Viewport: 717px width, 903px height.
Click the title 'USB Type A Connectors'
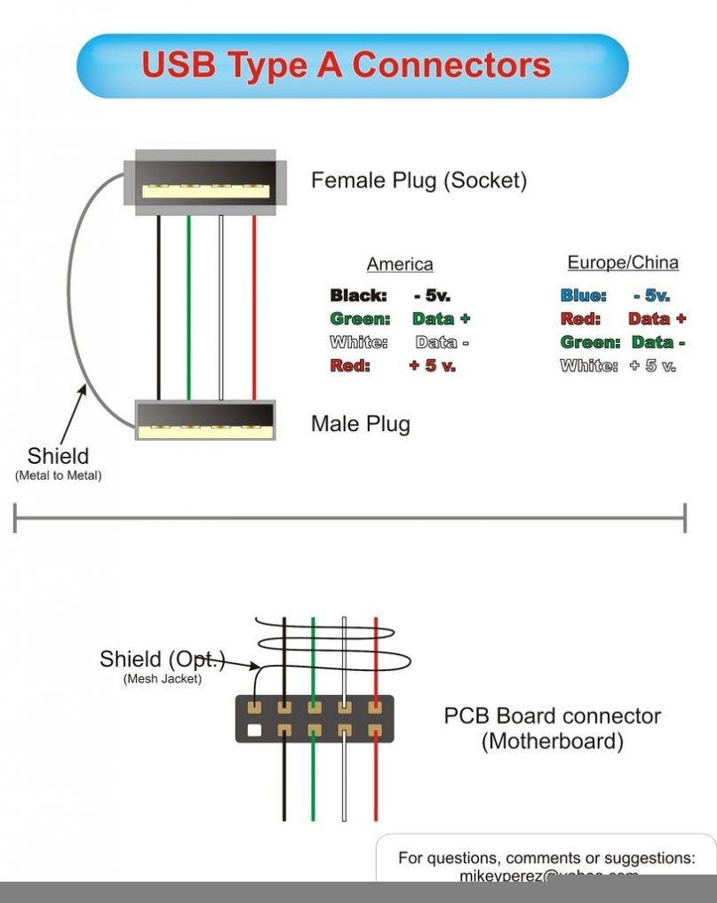click(x=347, y=65)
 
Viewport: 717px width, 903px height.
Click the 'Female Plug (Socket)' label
click(x=418, y=180)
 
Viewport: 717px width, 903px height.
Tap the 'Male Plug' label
click(x=360, y=423)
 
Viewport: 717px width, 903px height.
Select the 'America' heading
click(x=400, y=264)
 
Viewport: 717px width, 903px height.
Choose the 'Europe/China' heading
click(x=623, y=262)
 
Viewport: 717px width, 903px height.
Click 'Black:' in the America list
click(x=358, y=296)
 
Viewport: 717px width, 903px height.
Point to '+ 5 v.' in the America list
click(x=432, y=365)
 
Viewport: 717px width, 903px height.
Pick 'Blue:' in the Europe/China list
click(x=583, y=296)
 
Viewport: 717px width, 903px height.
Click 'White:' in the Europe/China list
click(x=589, y=365)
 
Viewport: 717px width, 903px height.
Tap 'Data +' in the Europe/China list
click(x=657, y=318)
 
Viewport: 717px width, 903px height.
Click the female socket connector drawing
click(x=206, y=182)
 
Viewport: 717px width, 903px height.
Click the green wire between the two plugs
click(x=188, y=307)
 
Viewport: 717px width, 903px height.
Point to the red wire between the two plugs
click(x=254, y=307)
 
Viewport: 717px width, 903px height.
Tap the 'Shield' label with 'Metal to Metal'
click(x=59, y=457)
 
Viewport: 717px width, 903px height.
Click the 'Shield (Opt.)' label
click(x=162, y=659)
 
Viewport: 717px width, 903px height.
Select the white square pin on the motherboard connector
click(x=255, y=732)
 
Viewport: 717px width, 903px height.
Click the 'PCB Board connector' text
click(x=552, y=715)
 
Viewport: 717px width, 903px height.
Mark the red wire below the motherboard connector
click(x=376, y=782)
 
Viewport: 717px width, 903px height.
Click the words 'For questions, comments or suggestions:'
click(x=546, y=858)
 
